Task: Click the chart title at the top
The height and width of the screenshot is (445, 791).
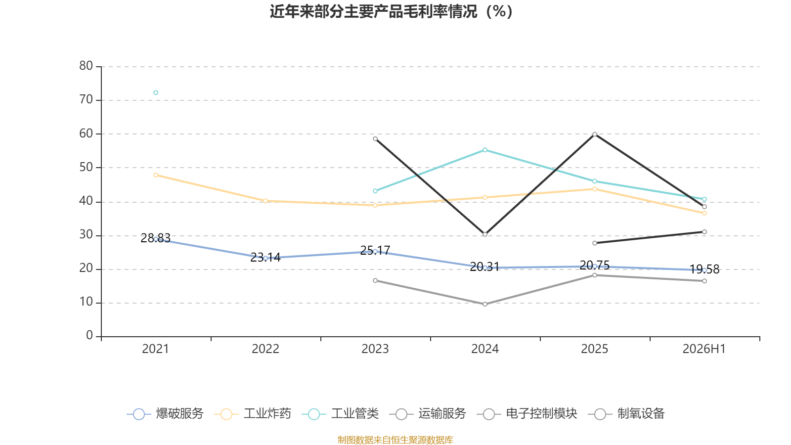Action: [391, 12]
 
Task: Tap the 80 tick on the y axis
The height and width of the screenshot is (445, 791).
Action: [86, 66]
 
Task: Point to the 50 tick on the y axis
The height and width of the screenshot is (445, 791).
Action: [86, 168]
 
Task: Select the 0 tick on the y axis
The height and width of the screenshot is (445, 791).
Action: [89, 336]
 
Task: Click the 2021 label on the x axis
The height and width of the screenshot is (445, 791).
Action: [155, 349]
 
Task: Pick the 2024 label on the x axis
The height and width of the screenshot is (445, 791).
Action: [485, 349]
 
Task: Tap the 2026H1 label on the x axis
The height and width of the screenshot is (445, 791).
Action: [704, 349]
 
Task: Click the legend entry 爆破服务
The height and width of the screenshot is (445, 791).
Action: [165, 413]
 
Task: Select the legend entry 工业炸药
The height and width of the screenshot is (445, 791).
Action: [253, 413]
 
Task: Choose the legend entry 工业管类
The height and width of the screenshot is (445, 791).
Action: [340, 413]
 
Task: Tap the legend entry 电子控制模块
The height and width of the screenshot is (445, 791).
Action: [527, 413]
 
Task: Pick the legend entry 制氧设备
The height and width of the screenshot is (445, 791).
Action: [626, 413]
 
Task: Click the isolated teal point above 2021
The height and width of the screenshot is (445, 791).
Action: [156, 92]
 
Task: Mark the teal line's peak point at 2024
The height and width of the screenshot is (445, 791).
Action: [485, 150]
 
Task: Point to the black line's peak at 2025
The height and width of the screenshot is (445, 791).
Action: [595, 134]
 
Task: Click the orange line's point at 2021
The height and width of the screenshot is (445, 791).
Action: [156, 175]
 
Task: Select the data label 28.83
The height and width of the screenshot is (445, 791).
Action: [155, 238]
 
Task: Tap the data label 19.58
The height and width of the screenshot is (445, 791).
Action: [704, 269]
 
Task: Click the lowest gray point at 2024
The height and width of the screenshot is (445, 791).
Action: [485, 304]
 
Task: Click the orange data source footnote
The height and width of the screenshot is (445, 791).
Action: [395, 440]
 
